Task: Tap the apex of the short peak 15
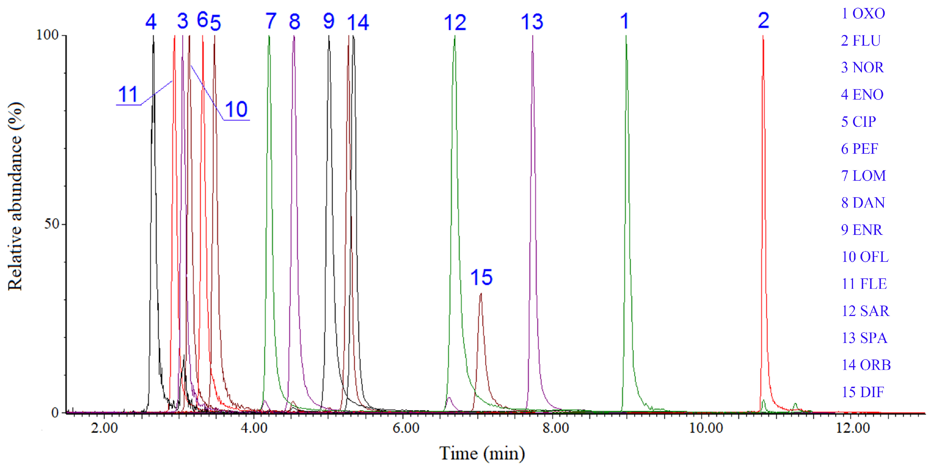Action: [481, 294]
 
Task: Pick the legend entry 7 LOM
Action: [863, 176]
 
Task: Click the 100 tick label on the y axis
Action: [47, 35]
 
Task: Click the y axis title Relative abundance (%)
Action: [15, 196]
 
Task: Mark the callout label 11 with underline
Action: [128, 95]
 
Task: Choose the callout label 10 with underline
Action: [236, 109]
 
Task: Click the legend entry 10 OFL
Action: [865, 257]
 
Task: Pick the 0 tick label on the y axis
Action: [55, 413]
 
